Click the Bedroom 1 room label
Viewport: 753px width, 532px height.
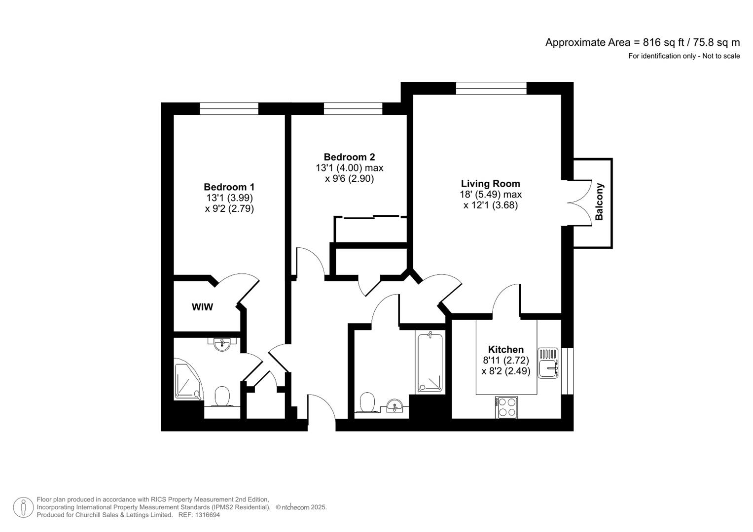pyautogui.click(x=229, y=187)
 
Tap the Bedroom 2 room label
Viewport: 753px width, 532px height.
pyautogui.click(x=349, y=157)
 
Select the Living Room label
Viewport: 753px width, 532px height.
pyautogui.click(x=490, y=184)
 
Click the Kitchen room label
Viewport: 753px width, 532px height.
pyautogui.click(x=505, y=349)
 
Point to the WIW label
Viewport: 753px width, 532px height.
pyautogui.click(x=202, y=307)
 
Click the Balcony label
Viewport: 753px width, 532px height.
pyautogui.click(x=599, y=202)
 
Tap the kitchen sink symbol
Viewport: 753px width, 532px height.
pyautogui.click(x=548, y=363)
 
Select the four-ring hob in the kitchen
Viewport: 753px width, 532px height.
pyautogui.click(x=507, y=407)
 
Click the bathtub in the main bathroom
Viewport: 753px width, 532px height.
pyautogui.click(x=430, y=363)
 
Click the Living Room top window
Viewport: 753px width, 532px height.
pyautogui.click(x=491, y=88)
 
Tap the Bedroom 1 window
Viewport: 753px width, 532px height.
pyautogui.click(x=229, y=108)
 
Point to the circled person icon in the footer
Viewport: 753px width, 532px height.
pyautogui.click(x=23, y=507)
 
